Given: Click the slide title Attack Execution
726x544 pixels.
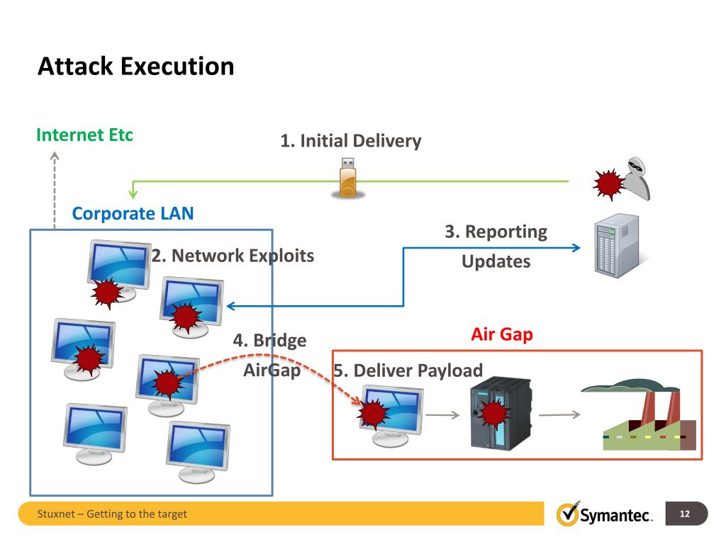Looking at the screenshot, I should [x=135, y=67].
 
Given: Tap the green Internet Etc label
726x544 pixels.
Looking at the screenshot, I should [x=84, y=135].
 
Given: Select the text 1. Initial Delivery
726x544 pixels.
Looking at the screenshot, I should [x=350, y=141].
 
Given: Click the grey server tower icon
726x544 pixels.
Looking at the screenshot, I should [x=616, y=246].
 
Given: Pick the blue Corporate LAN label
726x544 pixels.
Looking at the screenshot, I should [x=133, y=213].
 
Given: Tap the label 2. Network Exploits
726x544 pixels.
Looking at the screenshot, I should [x=233, y=256].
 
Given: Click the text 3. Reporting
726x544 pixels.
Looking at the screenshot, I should [x=496, y=232].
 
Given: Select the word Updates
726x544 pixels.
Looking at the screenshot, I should [x=496, y=261].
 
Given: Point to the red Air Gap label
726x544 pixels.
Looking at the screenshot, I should [x=501, y=334].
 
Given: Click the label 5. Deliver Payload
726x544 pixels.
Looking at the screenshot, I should [x=408, y=370].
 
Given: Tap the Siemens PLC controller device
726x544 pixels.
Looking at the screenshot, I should [x=501, y=414].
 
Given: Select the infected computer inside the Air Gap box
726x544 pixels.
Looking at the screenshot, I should [x=391, y=415].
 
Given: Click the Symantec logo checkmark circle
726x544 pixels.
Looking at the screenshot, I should [x=567, y=514].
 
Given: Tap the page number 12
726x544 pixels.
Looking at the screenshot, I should [x=685, y=514].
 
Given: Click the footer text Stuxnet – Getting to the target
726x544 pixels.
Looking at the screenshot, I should [x=112, y=514].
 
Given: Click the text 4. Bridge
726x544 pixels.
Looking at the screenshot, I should [x=269, y=341].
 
